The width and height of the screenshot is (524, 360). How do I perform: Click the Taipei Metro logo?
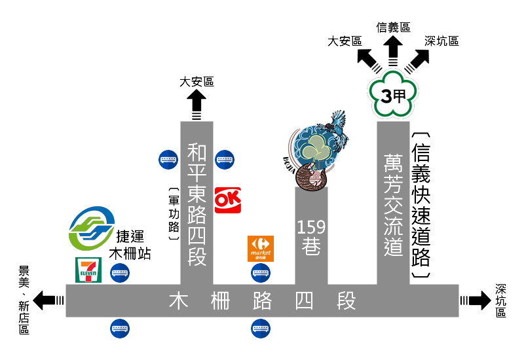click(x=92, y=228)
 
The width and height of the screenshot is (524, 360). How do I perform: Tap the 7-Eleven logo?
click(x=88, y=270)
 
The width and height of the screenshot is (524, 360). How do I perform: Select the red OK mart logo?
click(x=227, y=200)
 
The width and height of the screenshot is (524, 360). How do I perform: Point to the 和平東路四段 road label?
click(x=196, y=204)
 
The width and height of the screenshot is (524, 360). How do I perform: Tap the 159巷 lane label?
click(x=311, y=237)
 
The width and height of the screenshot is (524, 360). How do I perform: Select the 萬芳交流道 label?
click(x=393, y=205)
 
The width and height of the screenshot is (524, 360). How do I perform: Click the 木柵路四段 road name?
click(x=262, y=301)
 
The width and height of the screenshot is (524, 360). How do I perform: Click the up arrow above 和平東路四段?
click(x=196, y=103)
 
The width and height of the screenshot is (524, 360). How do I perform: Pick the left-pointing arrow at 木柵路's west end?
click(x=48, y=300)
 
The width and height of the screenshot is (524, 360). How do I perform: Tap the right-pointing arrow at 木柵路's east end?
click(x=476, y=300)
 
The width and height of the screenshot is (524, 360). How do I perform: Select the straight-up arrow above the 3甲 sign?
click(x=393, y=49)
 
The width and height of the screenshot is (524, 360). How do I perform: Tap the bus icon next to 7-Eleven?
click(x=120, y=272)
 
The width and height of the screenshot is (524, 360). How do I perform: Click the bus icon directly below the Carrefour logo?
click(x=261, y=272)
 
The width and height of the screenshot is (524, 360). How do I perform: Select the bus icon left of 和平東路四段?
click(x=168, y=159)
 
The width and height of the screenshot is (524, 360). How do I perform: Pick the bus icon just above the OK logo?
click(x=225, y=159)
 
